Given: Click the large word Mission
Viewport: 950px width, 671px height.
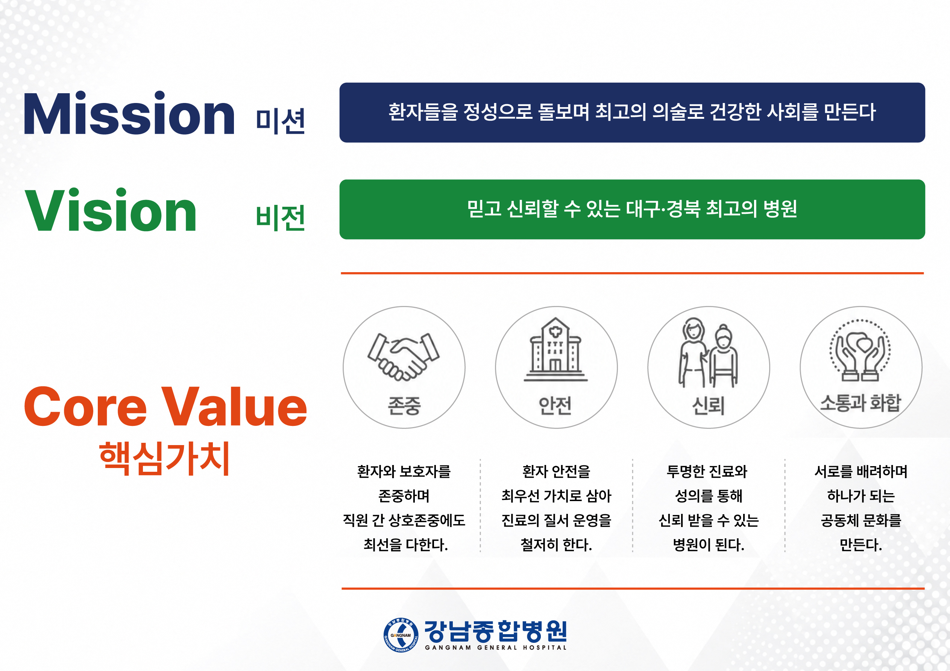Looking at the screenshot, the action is click(x=129, y=114).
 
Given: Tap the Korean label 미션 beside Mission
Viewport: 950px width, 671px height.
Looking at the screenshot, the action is click(x=281, y=121).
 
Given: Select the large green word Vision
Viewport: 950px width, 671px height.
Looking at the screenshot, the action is click(x=111, y=210).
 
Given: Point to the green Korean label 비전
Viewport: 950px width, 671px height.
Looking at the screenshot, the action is click(x=281, y=218).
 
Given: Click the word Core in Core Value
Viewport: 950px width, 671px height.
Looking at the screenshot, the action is click(x=85, y=406).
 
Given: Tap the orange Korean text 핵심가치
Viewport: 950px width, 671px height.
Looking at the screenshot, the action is click(x=164, y=458).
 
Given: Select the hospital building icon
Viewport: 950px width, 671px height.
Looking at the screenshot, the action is click(x=556, y=349).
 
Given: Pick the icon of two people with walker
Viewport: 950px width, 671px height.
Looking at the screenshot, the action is click(x=708, y=353).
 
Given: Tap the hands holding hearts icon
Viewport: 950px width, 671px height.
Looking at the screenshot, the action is click(x=860, y=350).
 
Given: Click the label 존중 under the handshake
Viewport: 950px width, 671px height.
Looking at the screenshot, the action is click(x=404, y=405).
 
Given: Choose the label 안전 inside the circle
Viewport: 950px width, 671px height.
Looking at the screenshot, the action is click(x=555, y=405).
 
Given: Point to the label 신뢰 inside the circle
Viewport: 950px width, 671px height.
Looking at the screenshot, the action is click(x=708, y=405).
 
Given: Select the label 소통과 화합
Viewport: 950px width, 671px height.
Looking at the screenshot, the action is click(x=860, y=403).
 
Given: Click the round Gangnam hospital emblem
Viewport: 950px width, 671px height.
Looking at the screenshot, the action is click(x=401, y=635).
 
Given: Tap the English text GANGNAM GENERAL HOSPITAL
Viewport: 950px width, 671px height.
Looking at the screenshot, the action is click(x=496, y=647).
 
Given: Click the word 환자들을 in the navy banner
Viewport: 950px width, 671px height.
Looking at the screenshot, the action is click(x=423, y=112).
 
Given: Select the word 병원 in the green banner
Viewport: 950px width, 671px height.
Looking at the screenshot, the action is click(x=780, y=209).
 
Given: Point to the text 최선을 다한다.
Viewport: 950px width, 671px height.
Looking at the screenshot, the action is click(x=405, y=544).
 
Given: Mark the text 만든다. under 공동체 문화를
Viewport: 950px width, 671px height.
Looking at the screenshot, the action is click(x=860, y=544).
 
